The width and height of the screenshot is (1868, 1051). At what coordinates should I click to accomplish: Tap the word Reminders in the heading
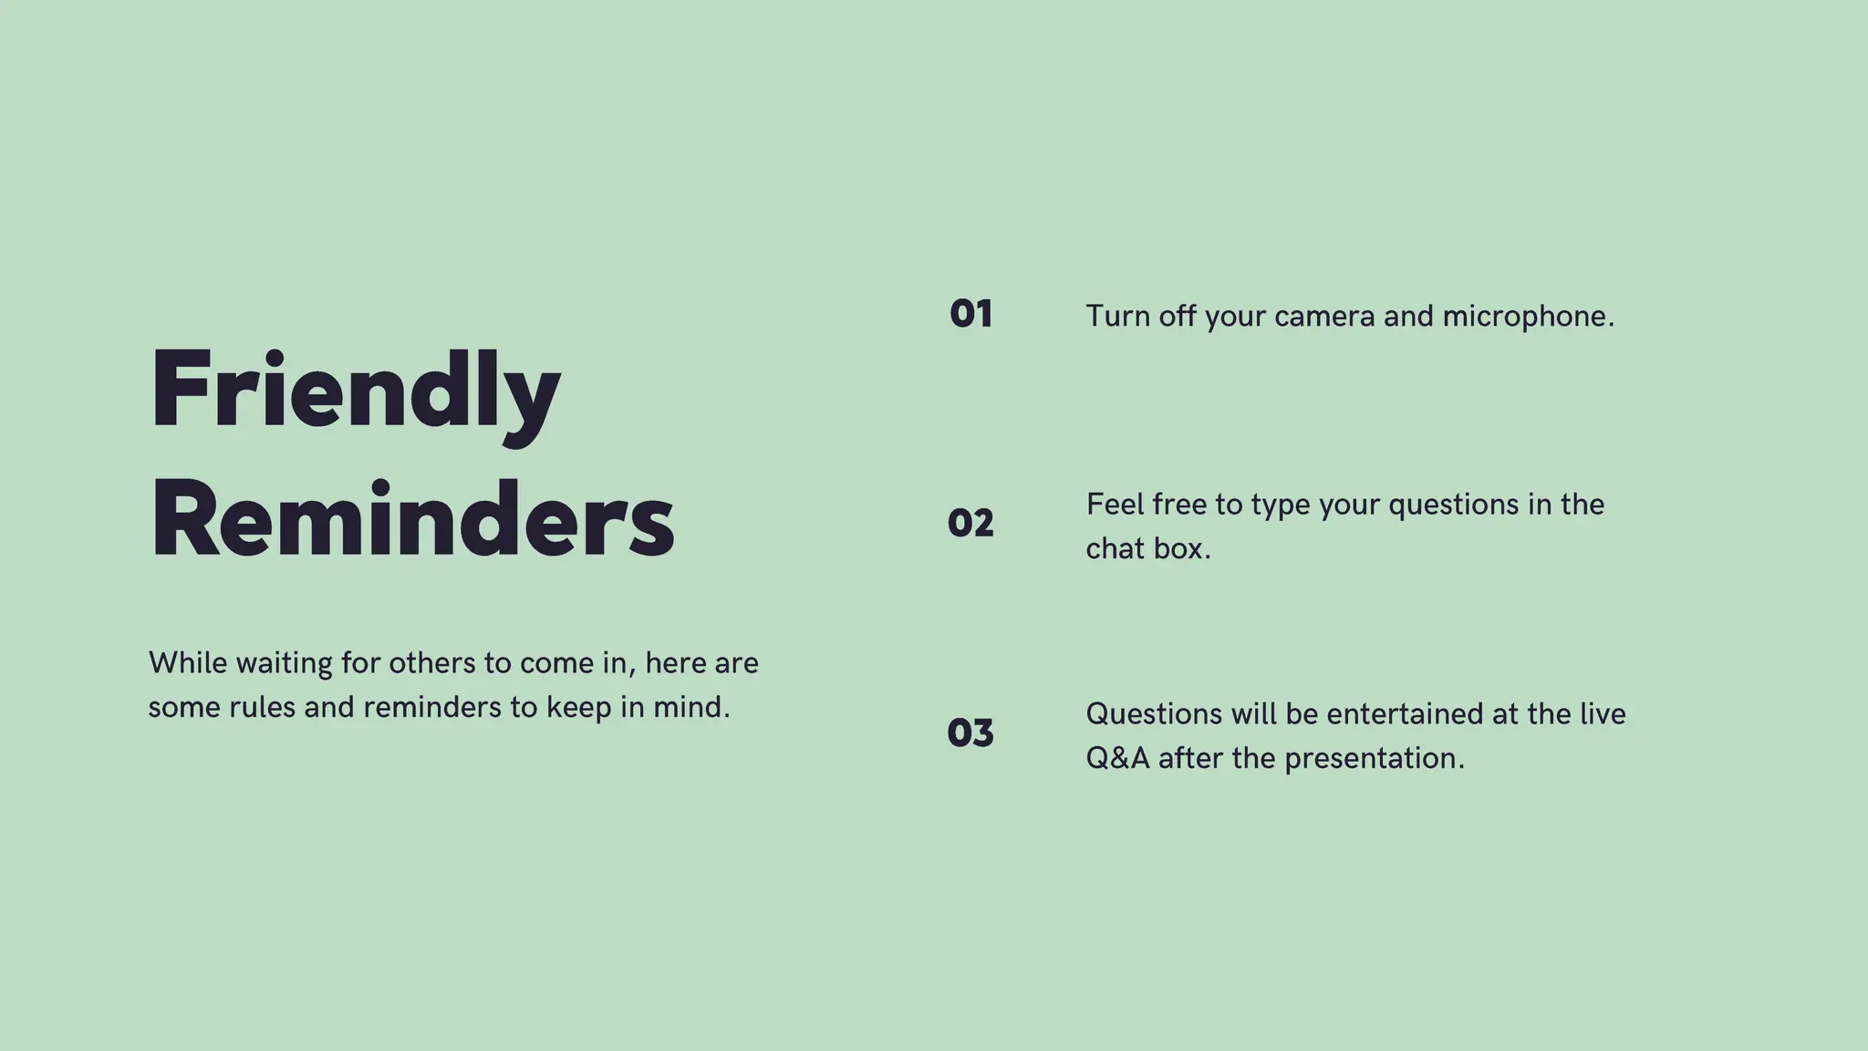click(x=412, y=519)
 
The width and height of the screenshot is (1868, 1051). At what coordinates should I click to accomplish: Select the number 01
click(x=970, y=315)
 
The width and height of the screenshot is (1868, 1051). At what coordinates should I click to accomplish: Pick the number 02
click(x=970, y=524)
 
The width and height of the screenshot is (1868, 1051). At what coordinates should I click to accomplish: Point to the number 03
click(x=970, y=733)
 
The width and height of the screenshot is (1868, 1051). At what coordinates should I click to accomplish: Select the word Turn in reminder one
click(x=1118, y=317)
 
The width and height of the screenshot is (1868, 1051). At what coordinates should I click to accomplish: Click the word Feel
click(x=1115, y=505)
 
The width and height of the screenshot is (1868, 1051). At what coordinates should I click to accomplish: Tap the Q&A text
click(x=1118, y=758)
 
